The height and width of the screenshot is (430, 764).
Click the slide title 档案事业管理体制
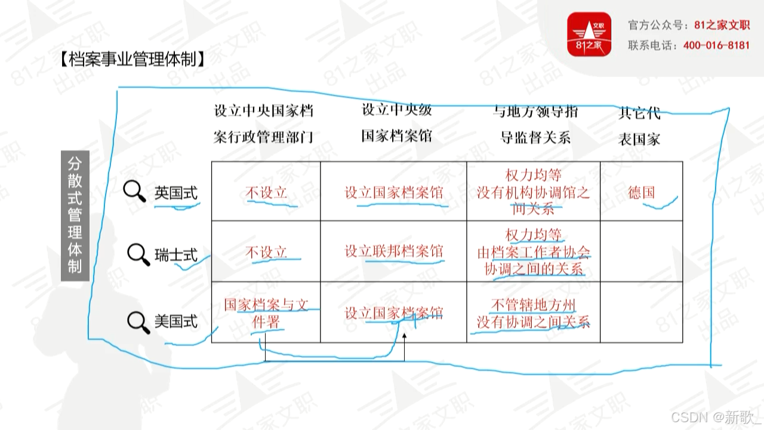[x=132, y=59]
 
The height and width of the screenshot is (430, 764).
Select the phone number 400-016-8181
[x=716, y=45]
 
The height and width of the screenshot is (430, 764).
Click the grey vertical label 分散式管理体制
[x=75, y=215]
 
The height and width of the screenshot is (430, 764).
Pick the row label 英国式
[x=175, y=193]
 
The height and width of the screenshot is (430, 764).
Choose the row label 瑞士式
[x=175, y=255]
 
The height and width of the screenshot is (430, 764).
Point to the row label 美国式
[x=175, y=321]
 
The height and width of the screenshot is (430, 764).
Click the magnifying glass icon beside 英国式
[x=134, y=192]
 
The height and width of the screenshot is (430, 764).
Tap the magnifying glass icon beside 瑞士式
[x=138, y=254]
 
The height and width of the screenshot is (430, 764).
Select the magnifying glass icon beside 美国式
[x=138, y=321]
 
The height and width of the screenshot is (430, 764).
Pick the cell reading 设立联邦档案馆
[x=394, y=251]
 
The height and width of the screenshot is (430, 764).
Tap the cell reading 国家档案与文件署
[x=266, y=313]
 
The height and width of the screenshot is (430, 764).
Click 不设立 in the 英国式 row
[x=266, y=192]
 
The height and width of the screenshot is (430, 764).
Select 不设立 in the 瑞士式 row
[x=266, y=252]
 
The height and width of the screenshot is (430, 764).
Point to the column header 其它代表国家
[x=639, y=125]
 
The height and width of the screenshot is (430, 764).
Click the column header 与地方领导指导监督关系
[x=535, y=124]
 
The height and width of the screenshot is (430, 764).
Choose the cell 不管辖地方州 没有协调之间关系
[x=533, y=314]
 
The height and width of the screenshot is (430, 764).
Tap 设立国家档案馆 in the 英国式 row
[x=394, y=193]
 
